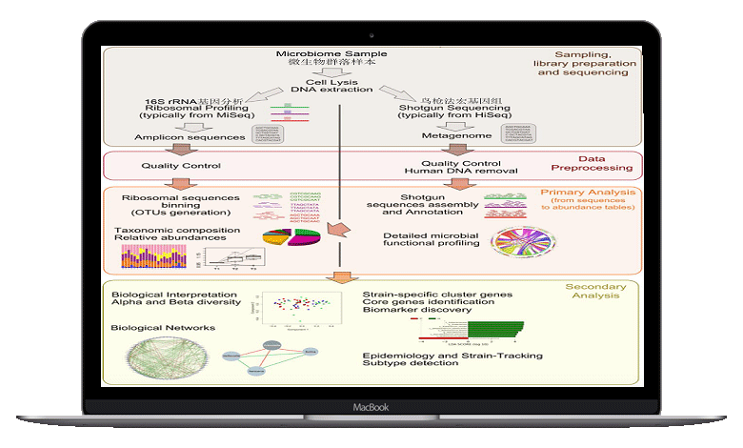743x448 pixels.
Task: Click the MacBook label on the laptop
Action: click(x=371, y=406)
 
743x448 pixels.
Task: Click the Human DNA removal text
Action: click(x=461, y=171)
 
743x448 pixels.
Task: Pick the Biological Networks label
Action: click(x=162, y=327)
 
